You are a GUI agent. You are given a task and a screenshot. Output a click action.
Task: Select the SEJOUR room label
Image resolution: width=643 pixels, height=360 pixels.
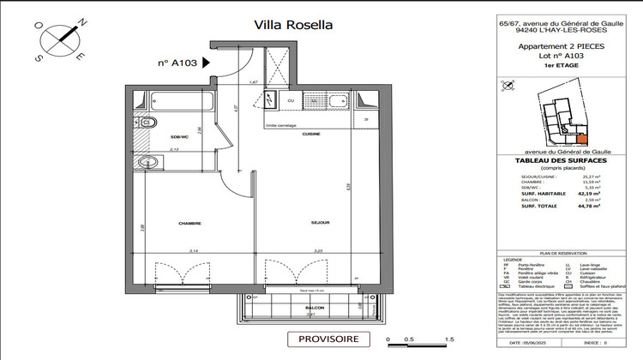pyautogui.click(x=296, y=223)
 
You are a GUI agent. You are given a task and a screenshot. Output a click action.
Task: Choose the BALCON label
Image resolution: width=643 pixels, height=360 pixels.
pyautogui.click(x=315, y=306)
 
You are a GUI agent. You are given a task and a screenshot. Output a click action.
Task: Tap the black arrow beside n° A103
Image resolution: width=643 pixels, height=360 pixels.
pyautogui.click(x=204, y=63)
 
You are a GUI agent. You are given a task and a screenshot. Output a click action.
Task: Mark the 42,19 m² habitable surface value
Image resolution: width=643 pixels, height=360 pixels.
pyautogui.click(x=588, y=194)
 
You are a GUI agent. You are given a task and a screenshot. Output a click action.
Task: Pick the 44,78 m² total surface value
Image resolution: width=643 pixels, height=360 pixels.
pyautogui.click(x=588, y=207)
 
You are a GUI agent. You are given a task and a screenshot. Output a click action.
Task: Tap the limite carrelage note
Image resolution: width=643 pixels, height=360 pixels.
pyautogui.click(x=282, y=126)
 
